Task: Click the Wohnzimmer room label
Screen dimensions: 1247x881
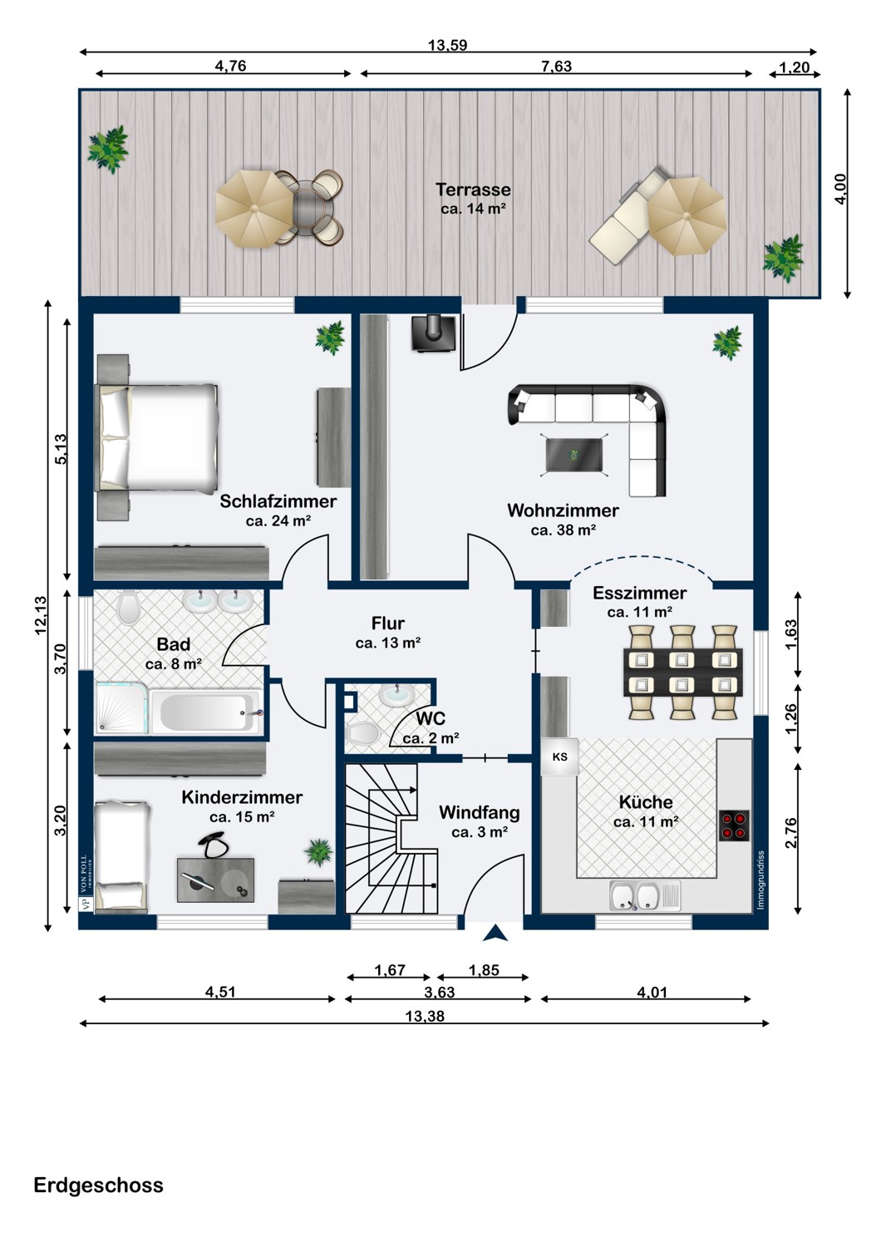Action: (563, 510)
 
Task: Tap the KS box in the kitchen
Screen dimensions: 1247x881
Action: (560, 757)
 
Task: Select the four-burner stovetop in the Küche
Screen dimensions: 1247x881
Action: (734, 825)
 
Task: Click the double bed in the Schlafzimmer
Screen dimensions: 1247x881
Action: (159, 436)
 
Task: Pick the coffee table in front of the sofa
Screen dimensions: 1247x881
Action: (574, 455)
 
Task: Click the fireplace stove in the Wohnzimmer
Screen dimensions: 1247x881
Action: (433, 333)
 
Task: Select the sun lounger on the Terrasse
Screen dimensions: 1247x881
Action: (626, 221)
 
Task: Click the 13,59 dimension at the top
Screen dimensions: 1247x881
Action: (447, 46)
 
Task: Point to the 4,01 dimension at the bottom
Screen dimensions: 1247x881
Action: (652, 992)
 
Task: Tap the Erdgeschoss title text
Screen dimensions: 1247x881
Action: (98, 1185)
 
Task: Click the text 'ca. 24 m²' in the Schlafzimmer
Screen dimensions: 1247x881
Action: (278, 521)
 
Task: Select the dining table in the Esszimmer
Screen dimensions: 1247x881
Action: (682, 672)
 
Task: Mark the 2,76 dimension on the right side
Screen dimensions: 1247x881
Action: (790, 833)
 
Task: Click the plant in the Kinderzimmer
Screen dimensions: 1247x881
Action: (318, 851)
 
